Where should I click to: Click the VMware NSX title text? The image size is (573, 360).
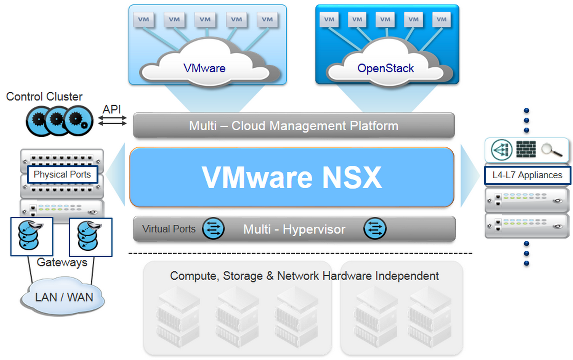[292, 177]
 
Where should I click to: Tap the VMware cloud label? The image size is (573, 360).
[204, 68]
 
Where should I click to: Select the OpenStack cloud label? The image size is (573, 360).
[385, 68]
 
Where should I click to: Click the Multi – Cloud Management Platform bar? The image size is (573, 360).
[294, 126]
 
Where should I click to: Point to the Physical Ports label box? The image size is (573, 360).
[62, 175]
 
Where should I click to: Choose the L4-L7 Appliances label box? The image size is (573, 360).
[527, 175]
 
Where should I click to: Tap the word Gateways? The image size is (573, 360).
[62, 262]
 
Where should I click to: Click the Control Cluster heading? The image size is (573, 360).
[44, 97]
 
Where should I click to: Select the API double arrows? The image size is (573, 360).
[112, 120]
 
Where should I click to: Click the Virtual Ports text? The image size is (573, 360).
[169, 229]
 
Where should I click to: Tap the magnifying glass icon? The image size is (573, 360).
[551, 149]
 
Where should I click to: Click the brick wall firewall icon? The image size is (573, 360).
[526, 149]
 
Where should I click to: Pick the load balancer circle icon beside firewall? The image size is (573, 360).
[502, 150]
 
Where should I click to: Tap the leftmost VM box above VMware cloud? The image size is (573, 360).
[143, 20]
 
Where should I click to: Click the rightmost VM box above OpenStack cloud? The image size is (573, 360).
[441, 20]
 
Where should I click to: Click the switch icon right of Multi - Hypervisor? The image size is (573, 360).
[375, 229]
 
